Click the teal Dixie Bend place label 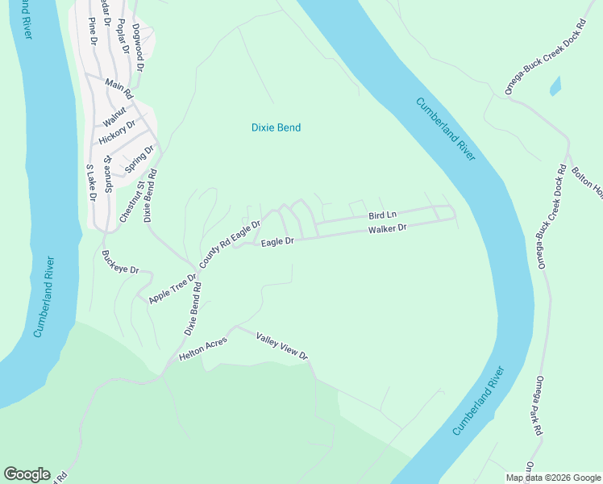(276, 127)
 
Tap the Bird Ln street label (382, 215)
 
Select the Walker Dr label (388, 229)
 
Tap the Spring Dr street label (139, 159)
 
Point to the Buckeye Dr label (121, 262)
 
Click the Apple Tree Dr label (173, 289)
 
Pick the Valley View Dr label (282, 345)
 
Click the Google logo (27, 474)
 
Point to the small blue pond (555, 86)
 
